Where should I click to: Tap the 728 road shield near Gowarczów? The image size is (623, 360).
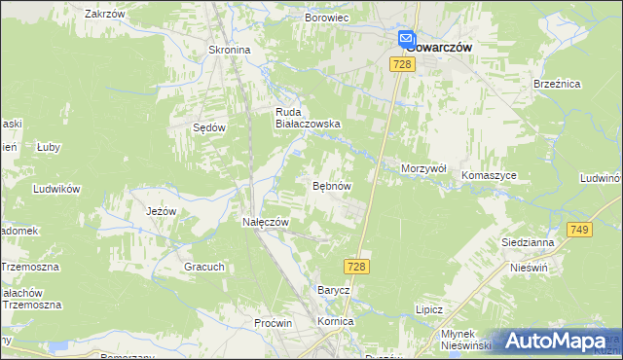404,63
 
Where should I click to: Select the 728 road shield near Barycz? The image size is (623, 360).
356,266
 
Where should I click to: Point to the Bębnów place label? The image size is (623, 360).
331,185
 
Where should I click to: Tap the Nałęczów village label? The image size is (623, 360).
266,222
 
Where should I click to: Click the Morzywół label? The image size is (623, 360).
423,168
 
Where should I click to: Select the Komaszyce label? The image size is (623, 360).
490,175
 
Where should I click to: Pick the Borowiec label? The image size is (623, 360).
326,18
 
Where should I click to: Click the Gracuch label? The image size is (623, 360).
203,267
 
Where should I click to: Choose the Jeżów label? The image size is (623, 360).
161,211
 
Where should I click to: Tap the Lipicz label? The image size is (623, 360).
428,309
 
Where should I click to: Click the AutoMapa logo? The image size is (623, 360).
555,341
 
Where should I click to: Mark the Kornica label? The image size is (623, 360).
335,320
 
